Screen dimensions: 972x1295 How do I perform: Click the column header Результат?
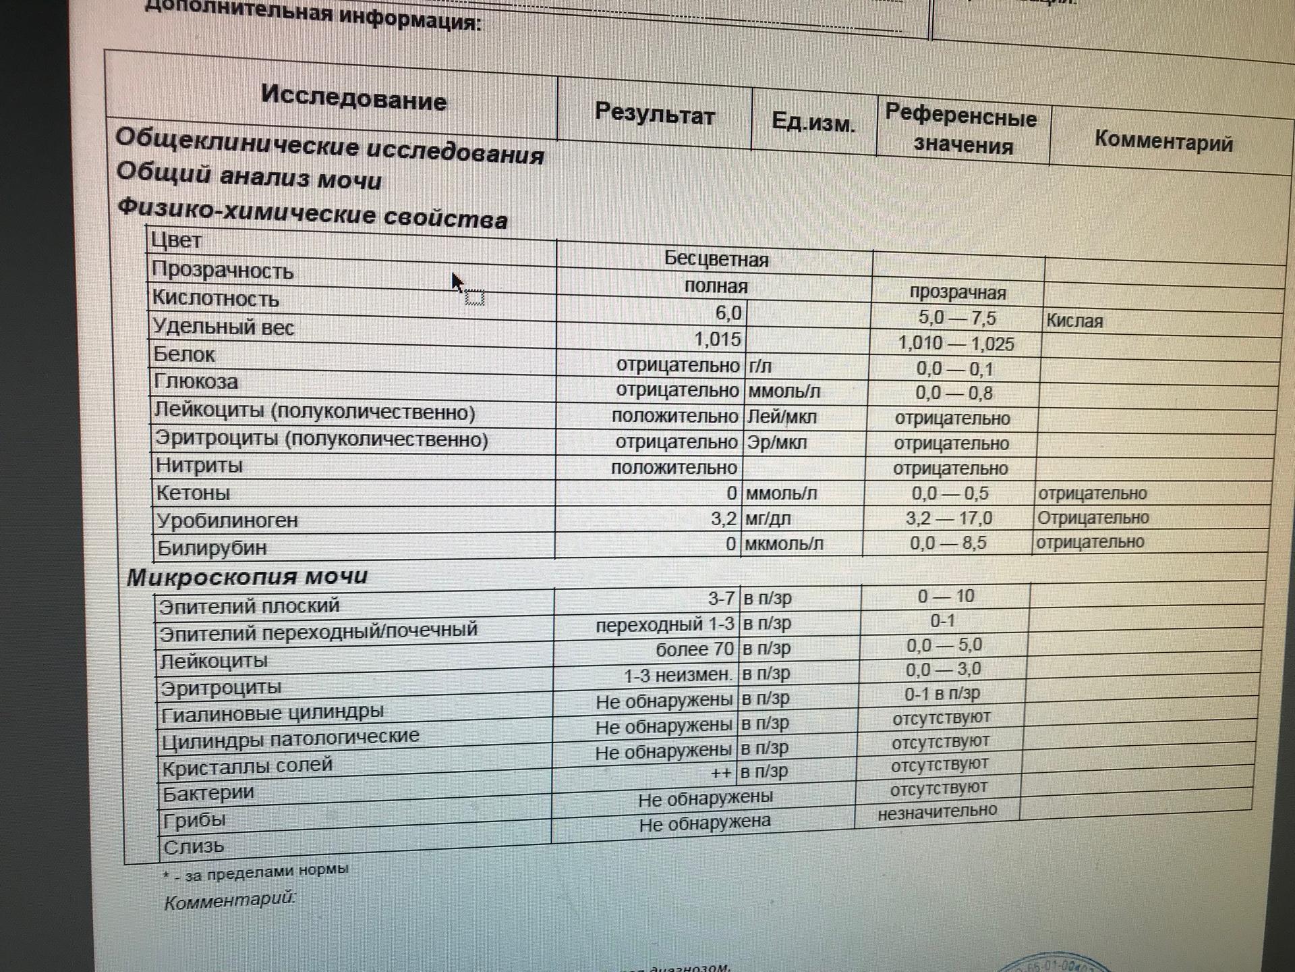pyautogui.click(x=654, y=115)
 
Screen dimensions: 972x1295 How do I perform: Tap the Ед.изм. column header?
pyautogui.click(x=813, y=123)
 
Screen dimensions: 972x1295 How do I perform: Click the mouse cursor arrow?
pyautogui.click(x=457, y=281)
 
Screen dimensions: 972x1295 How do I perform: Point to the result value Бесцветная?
pyautogui.click(x=716, y=259)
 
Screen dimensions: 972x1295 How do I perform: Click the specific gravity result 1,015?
pyautogui.click(x=718, y=339)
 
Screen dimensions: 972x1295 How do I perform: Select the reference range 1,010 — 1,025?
pyautogui.click(x=956, y=344)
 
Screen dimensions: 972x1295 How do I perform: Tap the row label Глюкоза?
pyautogui.click(x=196, y=382)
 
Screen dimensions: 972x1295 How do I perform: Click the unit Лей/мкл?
pyautogui.click(x=782, y=417)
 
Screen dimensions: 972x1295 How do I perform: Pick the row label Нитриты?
pyautogui.click(x=199, y=466)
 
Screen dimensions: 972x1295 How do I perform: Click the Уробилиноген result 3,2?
pyautogui.click(x=723, y=518)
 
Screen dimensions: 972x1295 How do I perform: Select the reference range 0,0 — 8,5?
pyautogui.click(x=948, y=543)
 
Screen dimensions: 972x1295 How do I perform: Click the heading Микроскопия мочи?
pyautogui.click(x=248, y=577)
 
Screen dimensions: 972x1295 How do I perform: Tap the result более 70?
pyautogui.click(x=695, y=649)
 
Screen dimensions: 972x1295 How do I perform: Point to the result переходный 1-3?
pyautogui.click(x=664, y=625)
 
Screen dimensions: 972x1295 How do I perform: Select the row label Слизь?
pyautogui.click(x=194, y=846)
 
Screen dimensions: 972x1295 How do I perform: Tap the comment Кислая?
pyautogui.click(x=1074, y=321)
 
